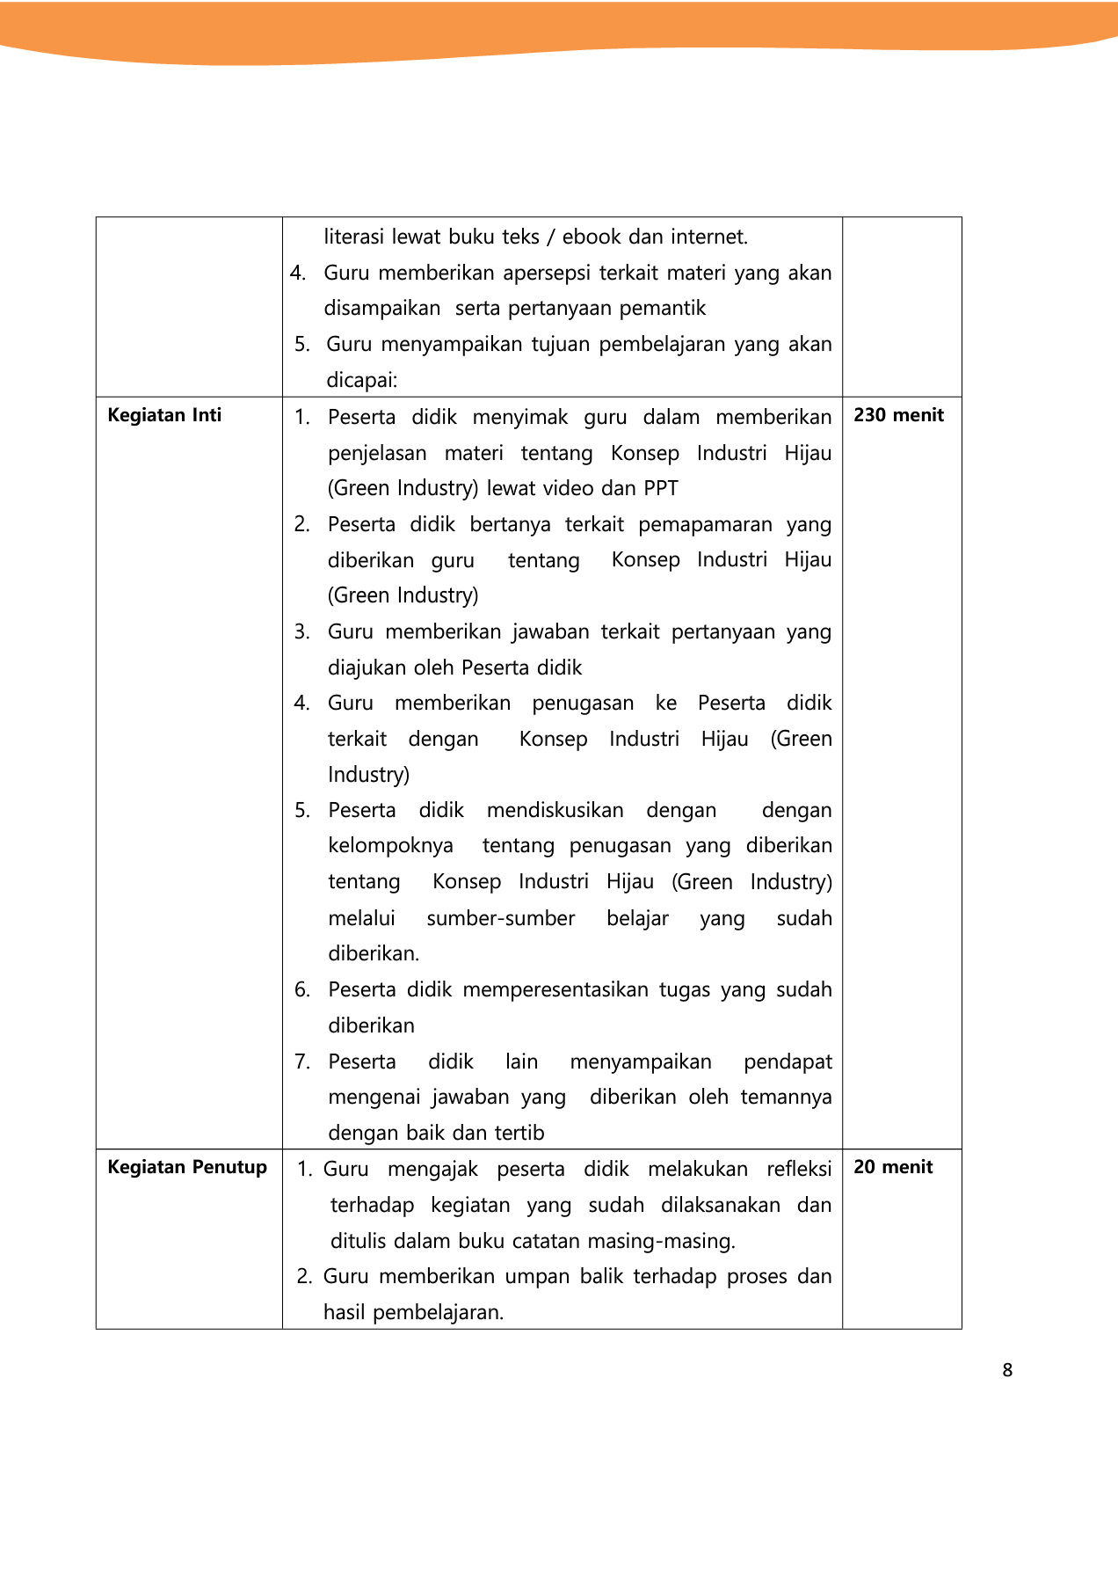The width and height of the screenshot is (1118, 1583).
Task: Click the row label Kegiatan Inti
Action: (x=164, y=415)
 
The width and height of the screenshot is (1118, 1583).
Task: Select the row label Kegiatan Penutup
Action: (x=187, y=1167)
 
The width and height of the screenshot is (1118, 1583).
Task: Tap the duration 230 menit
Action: (x=898, y=415)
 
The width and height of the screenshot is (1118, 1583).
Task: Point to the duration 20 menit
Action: (x=893, y=1167)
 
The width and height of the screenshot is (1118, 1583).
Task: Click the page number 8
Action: (x=1007, y=1370)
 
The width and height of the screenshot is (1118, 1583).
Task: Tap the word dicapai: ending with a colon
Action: (x=362, y=380)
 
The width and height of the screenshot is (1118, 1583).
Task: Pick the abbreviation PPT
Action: (x=661, y=488)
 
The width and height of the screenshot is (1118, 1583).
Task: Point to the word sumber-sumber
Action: (x=501, y=918)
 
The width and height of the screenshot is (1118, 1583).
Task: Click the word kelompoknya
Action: (x=391, y=846)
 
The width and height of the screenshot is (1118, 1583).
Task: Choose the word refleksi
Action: (x=799, y=1169)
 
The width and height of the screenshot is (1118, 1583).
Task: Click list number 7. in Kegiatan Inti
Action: (x=302, y=1061)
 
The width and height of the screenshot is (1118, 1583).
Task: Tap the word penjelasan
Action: (x=377, y=453)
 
